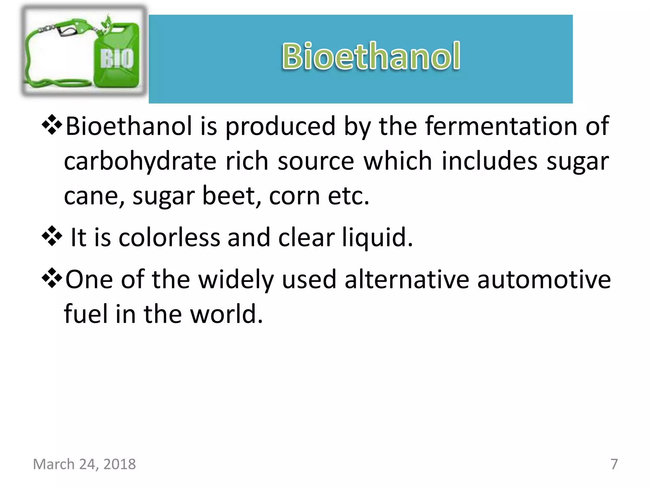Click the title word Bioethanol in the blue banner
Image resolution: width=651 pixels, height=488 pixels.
tap(371, 56)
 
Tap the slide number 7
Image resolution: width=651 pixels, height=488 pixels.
tap(614, 464)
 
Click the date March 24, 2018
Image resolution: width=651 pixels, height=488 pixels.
tap(84, 464)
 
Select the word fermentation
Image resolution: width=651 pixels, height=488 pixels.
tap(501, 126)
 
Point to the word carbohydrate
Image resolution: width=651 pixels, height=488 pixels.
tap(140, 161)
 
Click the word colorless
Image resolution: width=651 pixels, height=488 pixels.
tap(169, 237)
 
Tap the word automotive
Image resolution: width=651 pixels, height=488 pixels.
tap(544, 279)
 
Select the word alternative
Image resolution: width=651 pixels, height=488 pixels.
tap(407, 279)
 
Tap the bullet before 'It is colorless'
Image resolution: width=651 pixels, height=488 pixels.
tap(51, 236)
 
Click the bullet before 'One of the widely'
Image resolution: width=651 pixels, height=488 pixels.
tap(51, 278)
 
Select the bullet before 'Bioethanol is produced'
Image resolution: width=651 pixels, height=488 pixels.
tap(51, 125)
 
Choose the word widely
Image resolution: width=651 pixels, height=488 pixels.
tap(236, 279)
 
